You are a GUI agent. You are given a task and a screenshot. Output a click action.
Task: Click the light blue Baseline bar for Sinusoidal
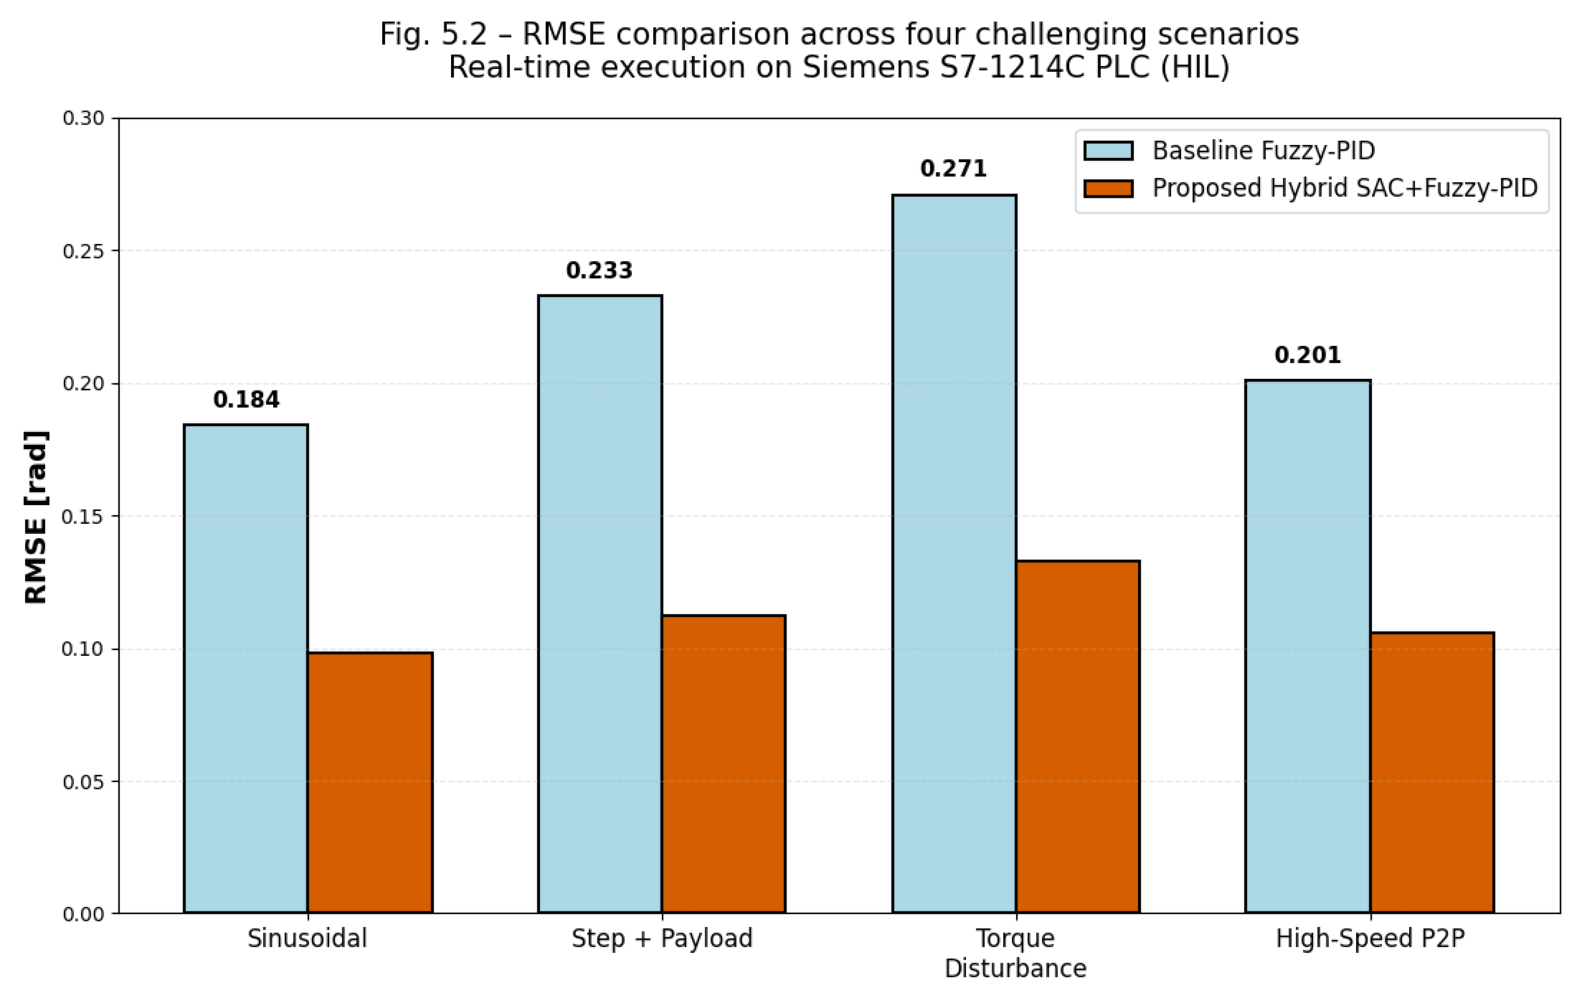click(246, 668)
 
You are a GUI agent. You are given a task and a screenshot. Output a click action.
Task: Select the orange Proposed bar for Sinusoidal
click(370, 782)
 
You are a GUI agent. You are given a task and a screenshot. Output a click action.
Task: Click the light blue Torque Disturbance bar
click(954, 554)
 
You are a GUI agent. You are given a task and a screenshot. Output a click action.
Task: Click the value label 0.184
click(246, 399)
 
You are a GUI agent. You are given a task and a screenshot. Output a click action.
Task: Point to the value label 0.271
click(954, 168)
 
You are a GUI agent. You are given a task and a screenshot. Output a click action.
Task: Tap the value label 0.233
click(599, 270)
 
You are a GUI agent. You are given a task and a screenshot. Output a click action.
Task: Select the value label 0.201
click(1308, 355)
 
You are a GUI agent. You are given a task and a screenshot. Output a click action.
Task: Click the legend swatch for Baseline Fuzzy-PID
click(1108, 151)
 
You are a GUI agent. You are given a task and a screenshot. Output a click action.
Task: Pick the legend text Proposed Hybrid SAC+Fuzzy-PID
click(1345, 188)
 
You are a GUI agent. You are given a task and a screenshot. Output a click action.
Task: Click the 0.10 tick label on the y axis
click(83, 649)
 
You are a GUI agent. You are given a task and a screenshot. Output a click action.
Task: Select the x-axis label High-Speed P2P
click(1370, 938)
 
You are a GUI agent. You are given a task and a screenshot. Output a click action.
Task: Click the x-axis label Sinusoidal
click(307, 938)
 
